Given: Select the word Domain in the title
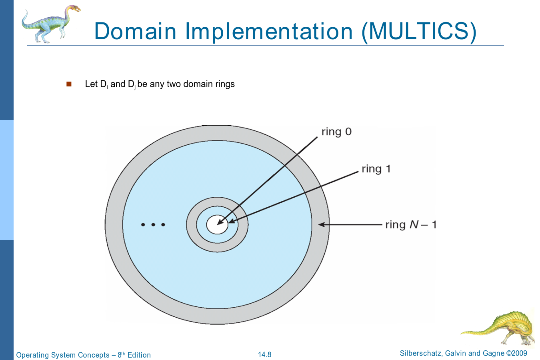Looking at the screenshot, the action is coord(135,31).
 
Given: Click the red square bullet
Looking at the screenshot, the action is coord(69,84).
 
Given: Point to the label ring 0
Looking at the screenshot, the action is coord(336,132).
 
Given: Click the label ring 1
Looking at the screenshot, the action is coord(376,169).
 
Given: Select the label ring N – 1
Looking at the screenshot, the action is coord(411,225).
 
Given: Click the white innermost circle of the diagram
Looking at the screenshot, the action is coord(217,224).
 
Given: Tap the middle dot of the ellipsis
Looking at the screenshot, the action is coord(153,225).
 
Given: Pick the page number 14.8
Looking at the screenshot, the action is coord(264,355).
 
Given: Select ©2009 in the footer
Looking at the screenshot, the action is coord(516,353).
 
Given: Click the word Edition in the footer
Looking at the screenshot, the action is coord(139,355).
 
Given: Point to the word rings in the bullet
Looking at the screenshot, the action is coord(226,84).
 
